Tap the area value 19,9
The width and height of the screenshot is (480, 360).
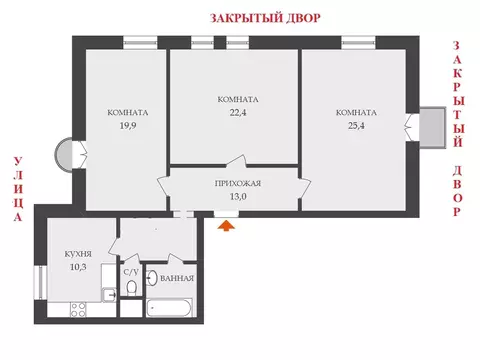[128, 126]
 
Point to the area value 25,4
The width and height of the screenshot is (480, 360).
[356, 126]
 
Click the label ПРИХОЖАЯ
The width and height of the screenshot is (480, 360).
[238, 184]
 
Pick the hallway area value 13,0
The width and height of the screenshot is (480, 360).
[238, 197]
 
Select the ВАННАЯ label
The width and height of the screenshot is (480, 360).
[177, 278]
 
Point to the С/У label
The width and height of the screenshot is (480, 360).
[131, 271]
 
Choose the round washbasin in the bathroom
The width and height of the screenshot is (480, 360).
[151, 280]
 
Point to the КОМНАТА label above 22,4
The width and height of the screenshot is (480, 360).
[237, 99]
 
